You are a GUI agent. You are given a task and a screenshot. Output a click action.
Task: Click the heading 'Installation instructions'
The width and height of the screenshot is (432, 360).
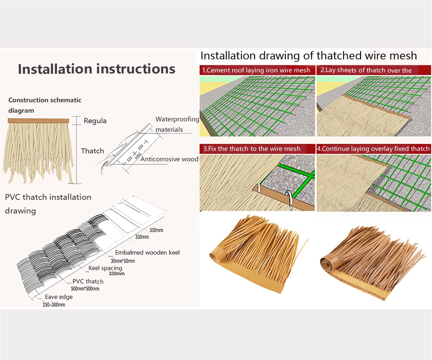coord(96,69)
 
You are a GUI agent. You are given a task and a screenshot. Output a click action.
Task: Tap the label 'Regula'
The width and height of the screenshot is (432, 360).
coord(95,121)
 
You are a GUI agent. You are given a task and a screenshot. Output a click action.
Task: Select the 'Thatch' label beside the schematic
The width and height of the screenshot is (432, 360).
coord(92,151)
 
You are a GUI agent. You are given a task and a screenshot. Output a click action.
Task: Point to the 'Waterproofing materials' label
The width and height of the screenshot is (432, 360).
coord(177,124)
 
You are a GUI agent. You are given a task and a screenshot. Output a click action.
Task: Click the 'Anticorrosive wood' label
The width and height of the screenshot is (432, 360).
coord(169,159)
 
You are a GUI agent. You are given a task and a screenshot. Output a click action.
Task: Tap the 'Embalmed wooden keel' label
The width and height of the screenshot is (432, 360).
coord(147,252)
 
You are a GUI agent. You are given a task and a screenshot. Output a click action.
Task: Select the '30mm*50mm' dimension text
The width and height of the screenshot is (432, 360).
coord(123,261)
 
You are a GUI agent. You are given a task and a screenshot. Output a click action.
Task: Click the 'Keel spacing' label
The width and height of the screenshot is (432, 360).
coord(105,268)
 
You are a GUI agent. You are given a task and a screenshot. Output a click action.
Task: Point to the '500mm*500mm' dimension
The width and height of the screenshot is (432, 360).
coord(85,289)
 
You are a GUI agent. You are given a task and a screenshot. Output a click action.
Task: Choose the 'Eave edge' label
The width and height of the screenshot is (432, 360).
coord(59,297)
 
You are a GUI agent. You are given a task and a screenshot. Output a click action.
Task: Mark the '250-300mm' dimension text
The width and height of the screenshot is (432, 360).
coord(54,305)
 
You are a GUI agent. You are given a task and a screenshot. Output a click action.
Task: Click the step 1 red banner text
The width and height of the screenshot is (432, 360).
coord(256,70)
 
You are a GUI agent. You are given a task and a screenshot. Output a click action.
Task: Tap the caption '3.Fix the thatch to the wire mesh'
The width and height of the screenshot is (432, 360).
coord(252,149)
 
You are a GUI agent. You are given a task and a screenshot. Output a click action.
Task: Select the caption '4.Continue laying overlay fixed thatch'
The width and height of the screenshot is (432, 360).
coord(373,149)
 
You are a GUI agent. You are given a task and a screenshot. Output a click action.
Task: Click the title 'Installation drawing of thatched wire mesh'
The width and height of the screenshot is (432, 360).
coord(309,56)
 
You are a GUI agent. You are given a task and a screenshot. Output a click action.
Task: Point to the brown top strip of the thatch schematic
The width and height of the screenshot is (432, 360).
coord(39,121)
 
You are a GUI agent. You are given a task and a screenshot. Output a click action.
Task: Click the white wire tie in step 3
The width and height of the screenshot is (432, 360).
coord(289,199)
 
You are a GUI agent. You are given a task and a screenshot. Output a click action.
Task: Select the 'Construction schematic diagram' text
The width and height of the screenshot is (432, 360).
coord(45,105)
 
